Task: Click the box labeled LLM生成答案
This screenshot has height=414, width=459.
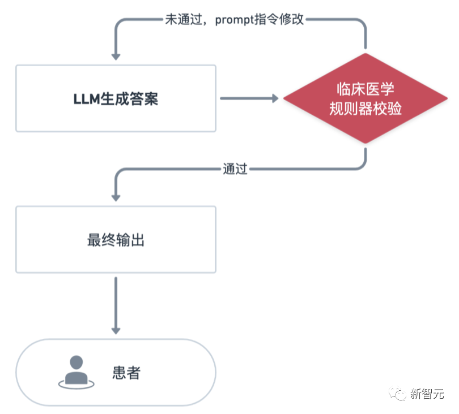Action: pos(116,98)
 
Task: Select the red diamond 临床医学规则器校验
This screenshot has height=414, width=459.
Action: pos(365,98)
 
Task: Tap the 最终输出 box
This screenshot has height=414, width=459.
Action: pos(116,240)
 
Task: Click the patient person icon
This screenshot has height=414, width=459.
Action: pos(76,372)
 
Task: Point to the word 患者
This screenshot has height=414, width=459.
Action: pos(126,373)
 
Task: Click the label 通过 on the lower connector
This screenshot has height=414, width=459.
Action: pos(235,169)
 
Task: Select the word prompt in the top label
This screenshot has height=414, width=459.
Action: pos(235,20)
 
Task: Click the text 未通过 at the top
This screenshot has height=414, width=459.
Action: pos(184,19)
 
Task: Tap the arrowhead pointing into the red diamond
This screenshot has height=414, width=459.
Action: pos(275,98)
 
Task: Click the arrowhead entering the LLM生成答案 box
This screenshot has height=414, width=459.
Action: pos(116,57)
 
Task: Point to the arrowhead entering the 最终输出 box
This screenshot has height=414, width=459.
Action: pos(116,198)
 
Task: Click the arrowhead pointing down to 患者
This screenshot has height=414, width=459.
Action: pos(116,331)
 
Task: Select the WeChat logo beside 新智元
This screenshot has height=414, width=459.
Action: pos(397,394)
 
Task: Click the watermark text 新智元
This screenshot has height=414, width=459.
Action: pos(427,394)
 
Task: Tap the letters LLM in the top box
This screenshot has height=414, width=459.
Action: pos(87,99)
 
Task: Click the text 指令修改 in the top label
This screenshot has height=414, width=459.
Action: pos(279,19)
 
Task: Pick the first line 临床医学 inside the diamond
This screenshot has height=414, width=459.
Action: pos(365,89)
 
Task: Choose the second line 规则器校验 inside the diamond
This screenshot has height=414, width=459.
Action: pos(365,109)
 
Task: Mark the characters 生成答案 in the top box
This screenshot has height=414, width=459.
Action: pos(129,99)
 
